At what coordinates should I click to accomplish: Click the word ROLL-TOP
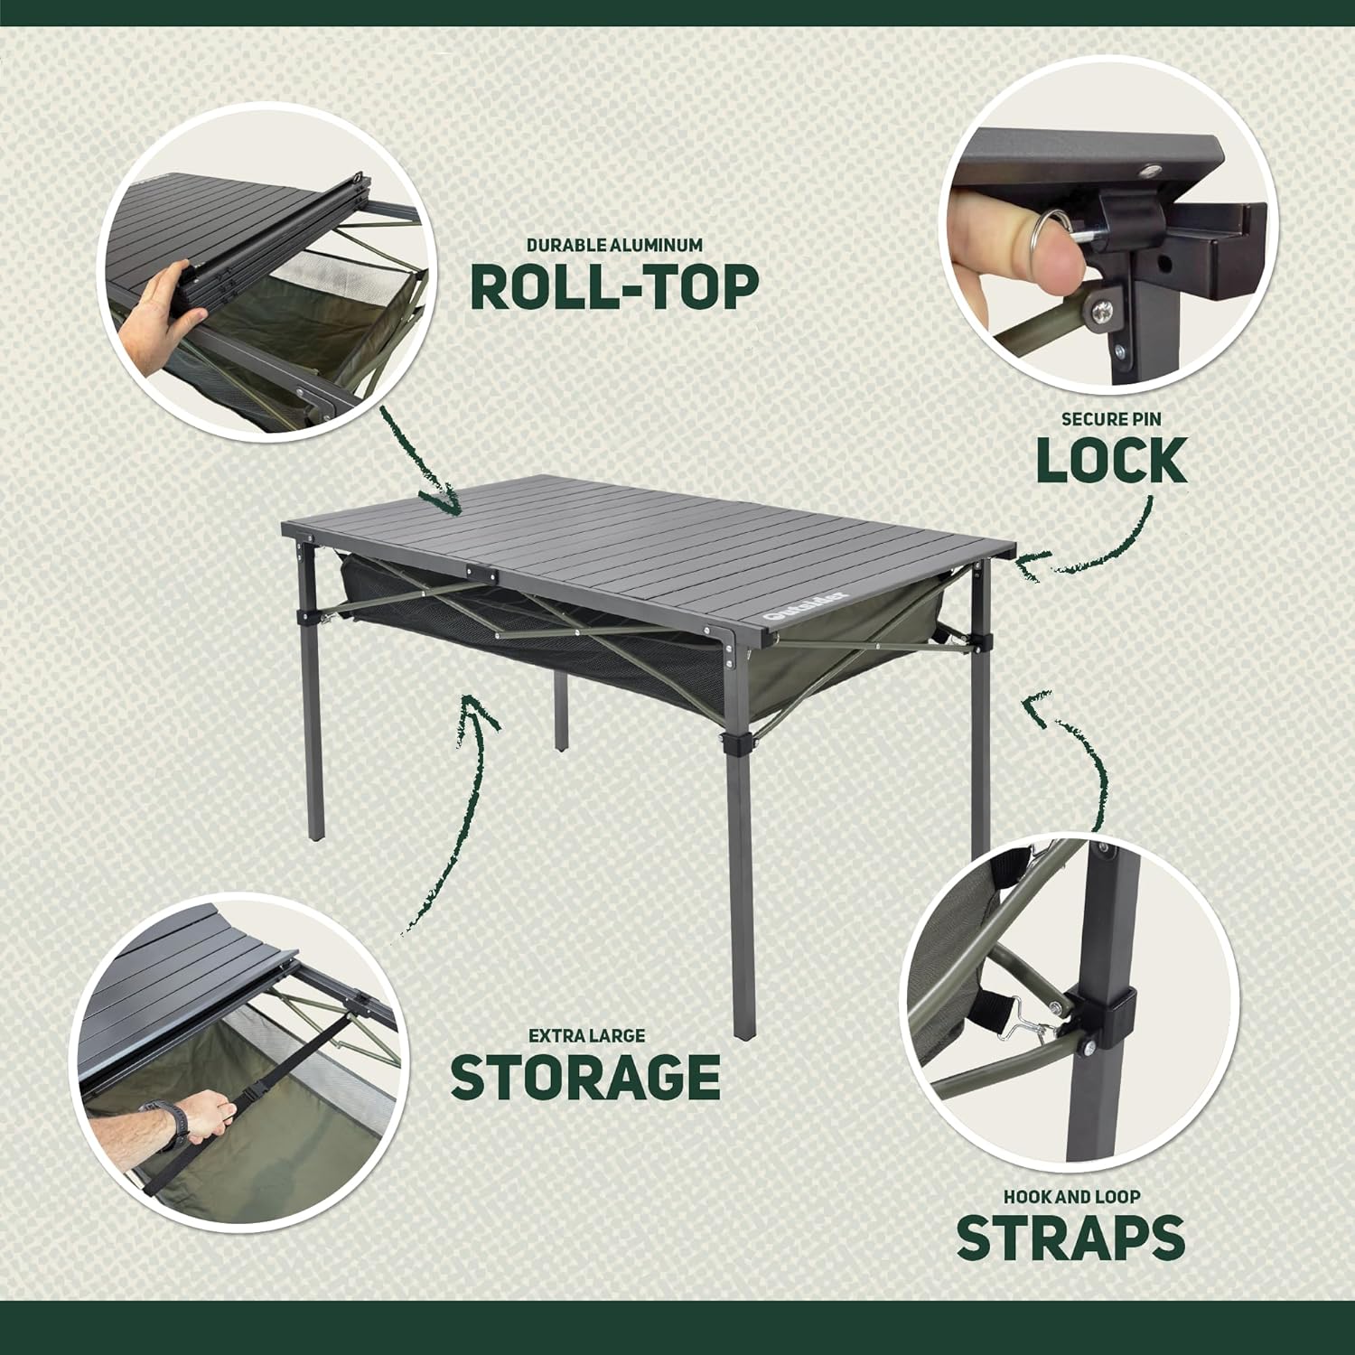pyautogui.click(x=614, y=287)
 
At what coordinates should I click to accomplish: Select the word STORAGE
pyautogui.click(x=584, y=1076)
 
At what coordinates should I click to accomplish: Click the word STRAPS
pyautogui.click(x=1070, y=1237)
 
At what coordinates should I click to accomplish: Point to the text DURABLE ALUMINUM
pyautogui.click(x=614, y=245)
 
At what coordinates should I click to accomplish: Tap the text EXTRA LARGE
pyautogui.click(x=586, y=1035)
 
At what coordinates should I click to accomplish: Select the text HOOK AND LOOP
pyautogui.click(x=1071, y=1197)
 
